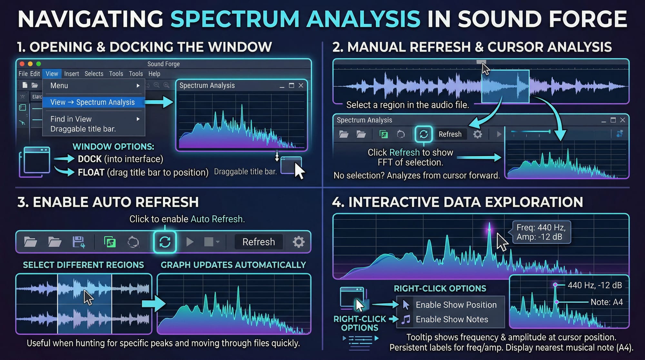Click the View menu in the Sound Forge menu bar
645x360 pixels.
coord(52,74)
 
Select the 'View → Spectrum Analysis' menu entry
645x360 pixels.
coord(93,102)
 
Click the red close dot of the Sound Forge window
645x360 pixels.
coord(22,64)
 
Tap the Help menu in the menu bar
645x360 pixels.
coord(154,74)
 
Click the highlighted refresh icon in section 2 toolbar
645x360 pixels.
coord(423,134)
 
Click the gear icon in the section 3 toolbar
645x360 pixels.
coord(298,242)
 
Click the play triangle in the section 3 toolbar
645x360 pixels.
coord(190,242)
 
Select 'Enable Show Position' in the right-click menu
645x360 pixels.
coord(456,305)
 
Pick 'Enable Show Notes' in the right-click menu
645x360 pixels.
coord(452,319)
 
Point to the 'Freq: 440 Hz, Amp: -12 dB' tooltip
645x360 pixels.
coord(541,232)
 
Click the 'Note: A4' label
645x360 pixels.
coord(607,302)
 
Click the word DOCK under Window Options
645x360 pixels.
coord(90,159)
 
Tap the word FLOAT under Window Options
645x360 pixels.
coord(91,173)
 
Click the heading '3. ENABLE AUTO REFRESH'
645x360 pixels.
coord(108,202)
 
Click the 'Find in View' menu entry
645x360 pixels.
coord(71,119)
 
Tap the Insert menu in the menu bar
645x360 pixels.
coord(72,74)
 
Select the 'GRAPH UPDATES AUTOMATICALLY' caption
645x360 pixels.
coord(233,265)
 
